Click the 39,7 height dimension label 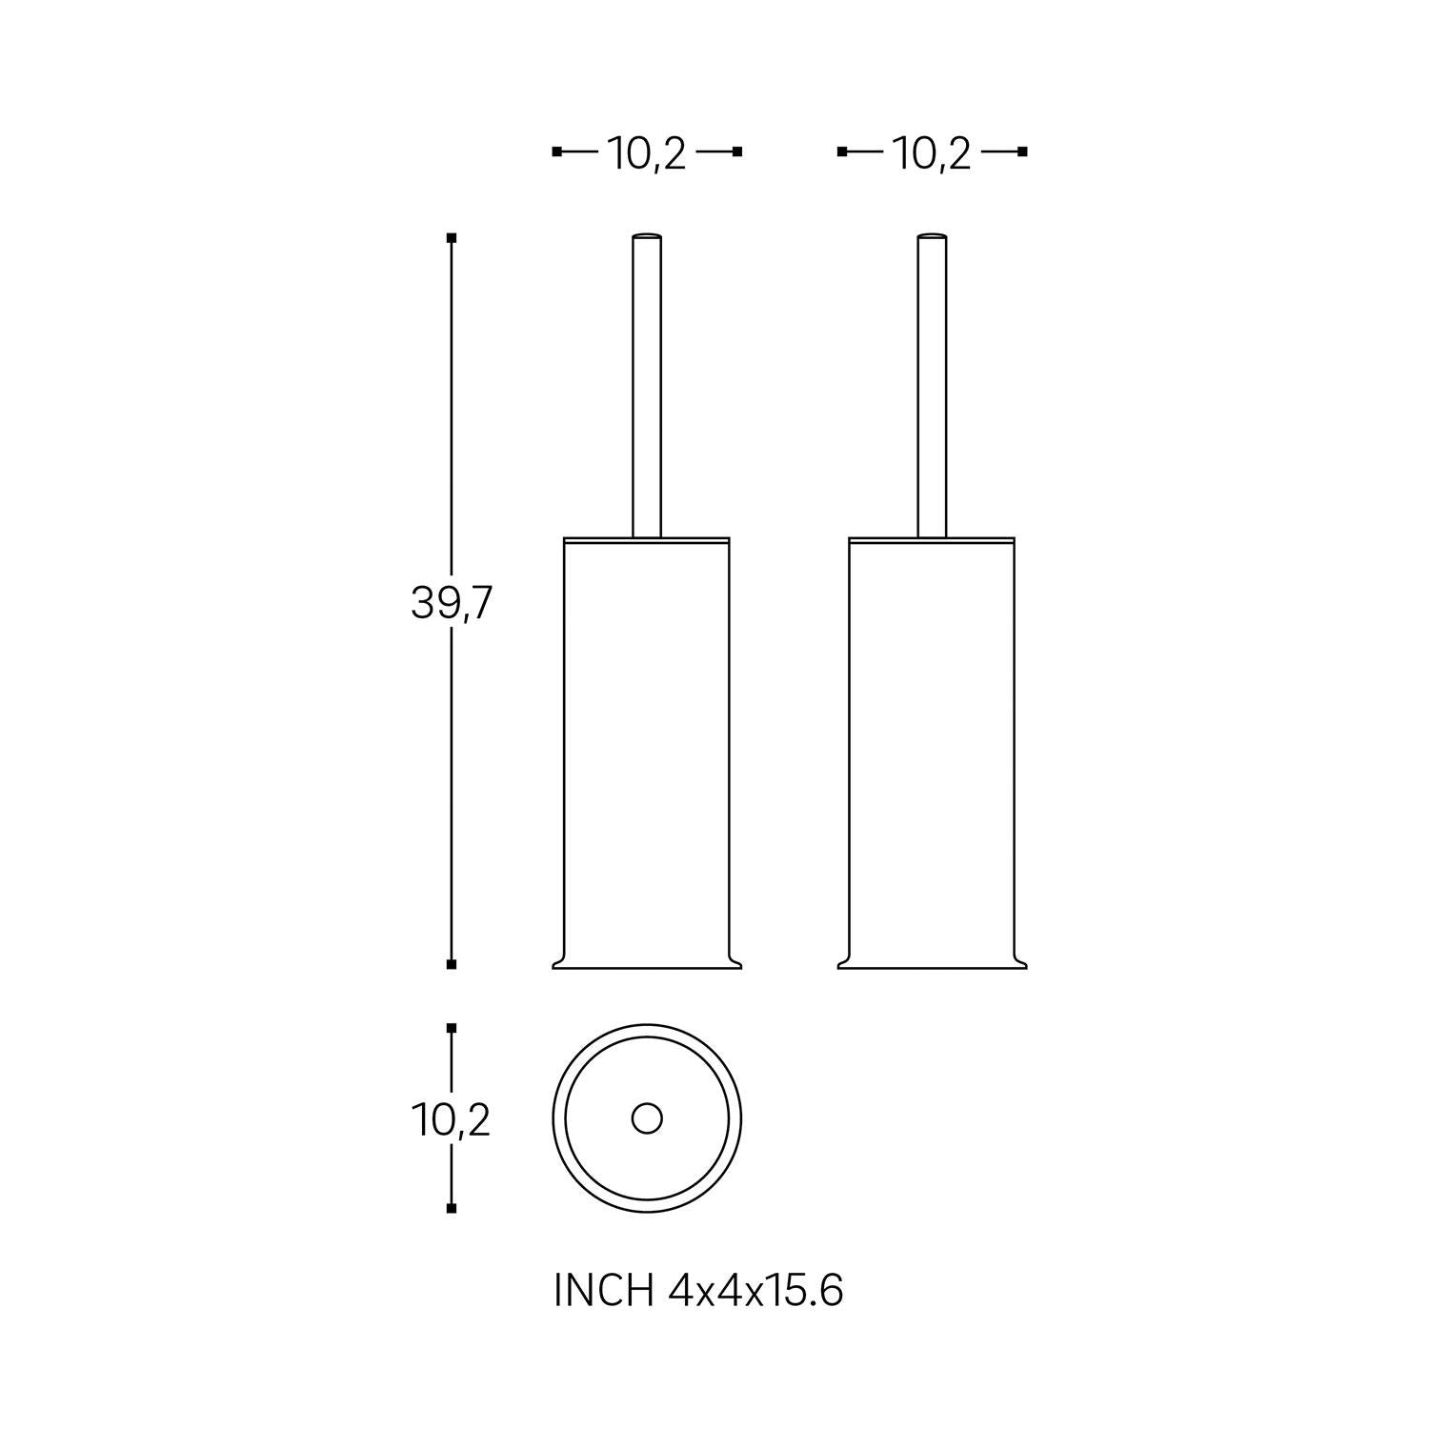[451, 602]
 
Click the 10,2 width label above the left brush [647, 153]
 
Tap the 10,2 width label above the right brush [932, 153]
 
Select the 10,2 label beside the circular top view [451, 1120]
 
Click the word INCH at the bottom [604, 1292]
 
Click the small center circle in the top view [647, 1118]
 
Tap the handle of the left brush [647, 385]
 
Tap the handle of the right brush [932, 385]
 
